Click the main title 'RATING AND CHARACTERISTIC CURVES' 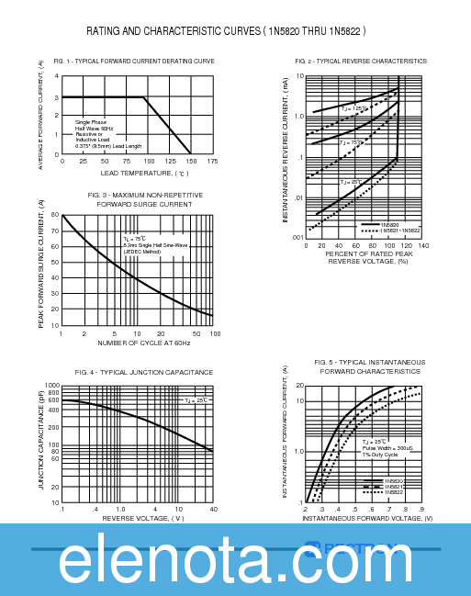pyautogui.click(x=226, y=31)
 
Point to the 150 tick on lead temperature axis pyautogui.click(x=191, y=161)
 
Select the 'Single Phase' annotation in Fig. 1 pyautogui.click(x=93, y=121)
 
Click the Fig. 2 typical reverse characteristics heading pyautogui.click(x=361, y=61)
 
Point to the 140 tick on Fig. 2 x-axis pyautogui.click(x=423, y=245)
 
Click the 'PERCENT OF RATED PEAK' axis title pyautogui.click(x=367, y=253)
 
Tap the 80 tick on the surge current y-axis pyautogui.click(x=54, y=215)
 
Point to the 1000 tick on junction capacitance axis pyautogui.click(x=52, y=385)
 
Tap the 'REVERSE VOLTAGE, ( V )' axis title pyautogui.click(x=143, y=518)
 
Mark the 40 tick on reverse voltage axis pyautogui.click(x=213, y=509)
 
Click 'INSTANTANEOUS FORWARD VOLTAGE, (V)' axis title pyautogui.click(x=367, y=518)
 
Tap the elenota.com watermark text pyautogui.click(x=236, y=561)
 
